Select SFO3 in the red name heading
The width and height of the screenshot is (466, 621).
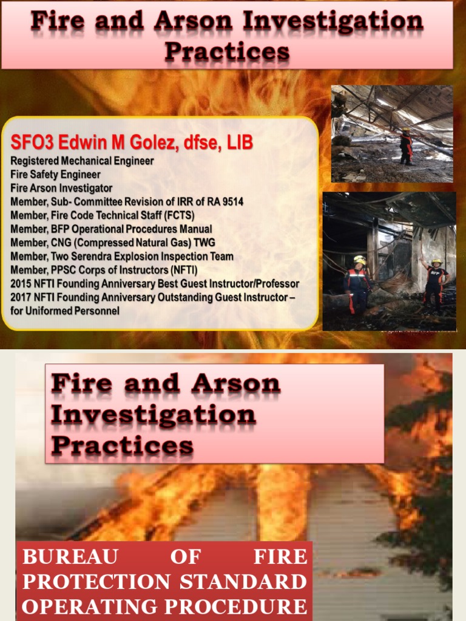(x=31, y=143)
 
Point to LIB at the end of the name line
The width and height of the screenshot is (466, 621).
(x=240, y=143)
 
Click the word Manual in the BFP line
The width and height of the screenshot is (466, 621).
(x=196, y=229)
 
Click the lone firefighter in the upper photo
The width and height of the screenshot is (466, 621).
(x=406, y=147)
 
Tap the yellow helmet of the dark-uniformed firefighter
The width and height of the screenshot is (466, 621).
(x=360, y=260)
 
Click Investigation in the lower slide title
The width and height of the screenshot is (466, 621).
(x=154, y=415)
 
